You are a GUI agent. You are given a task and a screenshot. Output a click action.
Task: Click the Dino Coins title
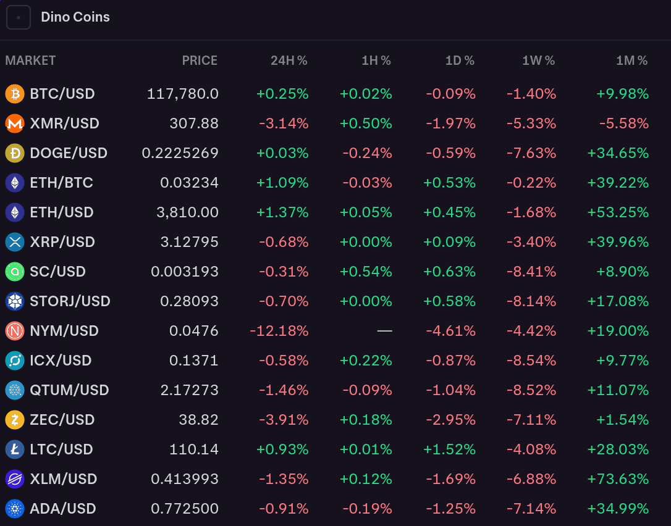tap(75, 17)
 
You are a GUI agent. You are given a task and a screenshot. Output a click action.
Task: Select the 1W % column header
tap(538, 61)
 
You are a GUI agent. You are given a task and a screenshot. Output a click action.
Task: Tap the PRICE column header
tap(200, 61)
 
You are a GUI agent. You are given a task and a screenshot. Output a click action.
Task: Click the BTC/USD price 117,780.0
tap(183, 94)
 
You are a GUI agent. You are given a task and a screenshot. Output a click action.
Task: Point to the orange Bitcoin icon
tap(15, 94)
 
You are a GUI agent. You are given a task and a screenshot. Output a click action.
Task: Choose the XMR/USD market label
tap(64, 123)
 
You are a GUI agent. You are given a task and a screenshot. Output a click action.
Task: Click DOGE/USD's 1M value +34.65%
tap(618, 153)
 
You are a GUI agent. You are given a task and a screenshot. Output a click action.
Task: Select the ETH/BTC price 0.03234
tap(189, 183)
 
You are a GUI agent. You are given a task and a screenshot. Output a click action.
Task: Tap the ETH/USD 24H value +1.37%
tap(282, 212)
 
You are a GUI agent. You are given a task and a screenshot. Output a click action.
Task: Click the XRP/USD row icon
tap(15, 242)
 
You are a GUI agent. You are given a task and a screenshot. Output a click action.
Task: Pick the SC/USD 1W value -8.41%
tap(531, 272)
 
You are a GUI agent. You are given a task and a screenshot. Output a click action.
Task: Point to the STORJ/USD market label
tap(70, 301)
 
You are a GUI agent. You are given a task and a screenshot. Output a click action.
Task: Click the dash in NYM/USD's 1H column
tap(384, 331)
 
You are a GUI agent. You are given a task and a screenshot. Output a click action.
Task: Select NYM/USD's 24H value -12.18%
tap(279, 331)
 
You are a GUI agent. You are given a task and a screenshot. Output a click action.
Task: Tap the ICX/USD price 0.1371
tap(194, 361)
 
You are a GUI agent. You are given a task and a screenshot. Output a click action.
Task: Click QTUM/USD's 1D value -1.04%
tap(451, 390)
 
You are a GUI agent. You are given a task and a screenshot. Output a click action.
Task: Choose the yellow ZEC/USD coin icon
tap(15, 420)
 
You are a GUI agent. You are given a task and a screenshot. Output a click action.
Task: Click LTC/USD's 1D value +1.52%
tap(449, 449)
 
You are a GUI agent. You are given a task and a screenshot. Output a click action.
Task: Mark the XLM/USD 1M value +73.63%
tap(618, 479)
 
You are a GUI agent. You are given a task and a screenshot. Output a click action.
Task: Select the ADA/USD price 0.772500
tap(185, 509)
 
